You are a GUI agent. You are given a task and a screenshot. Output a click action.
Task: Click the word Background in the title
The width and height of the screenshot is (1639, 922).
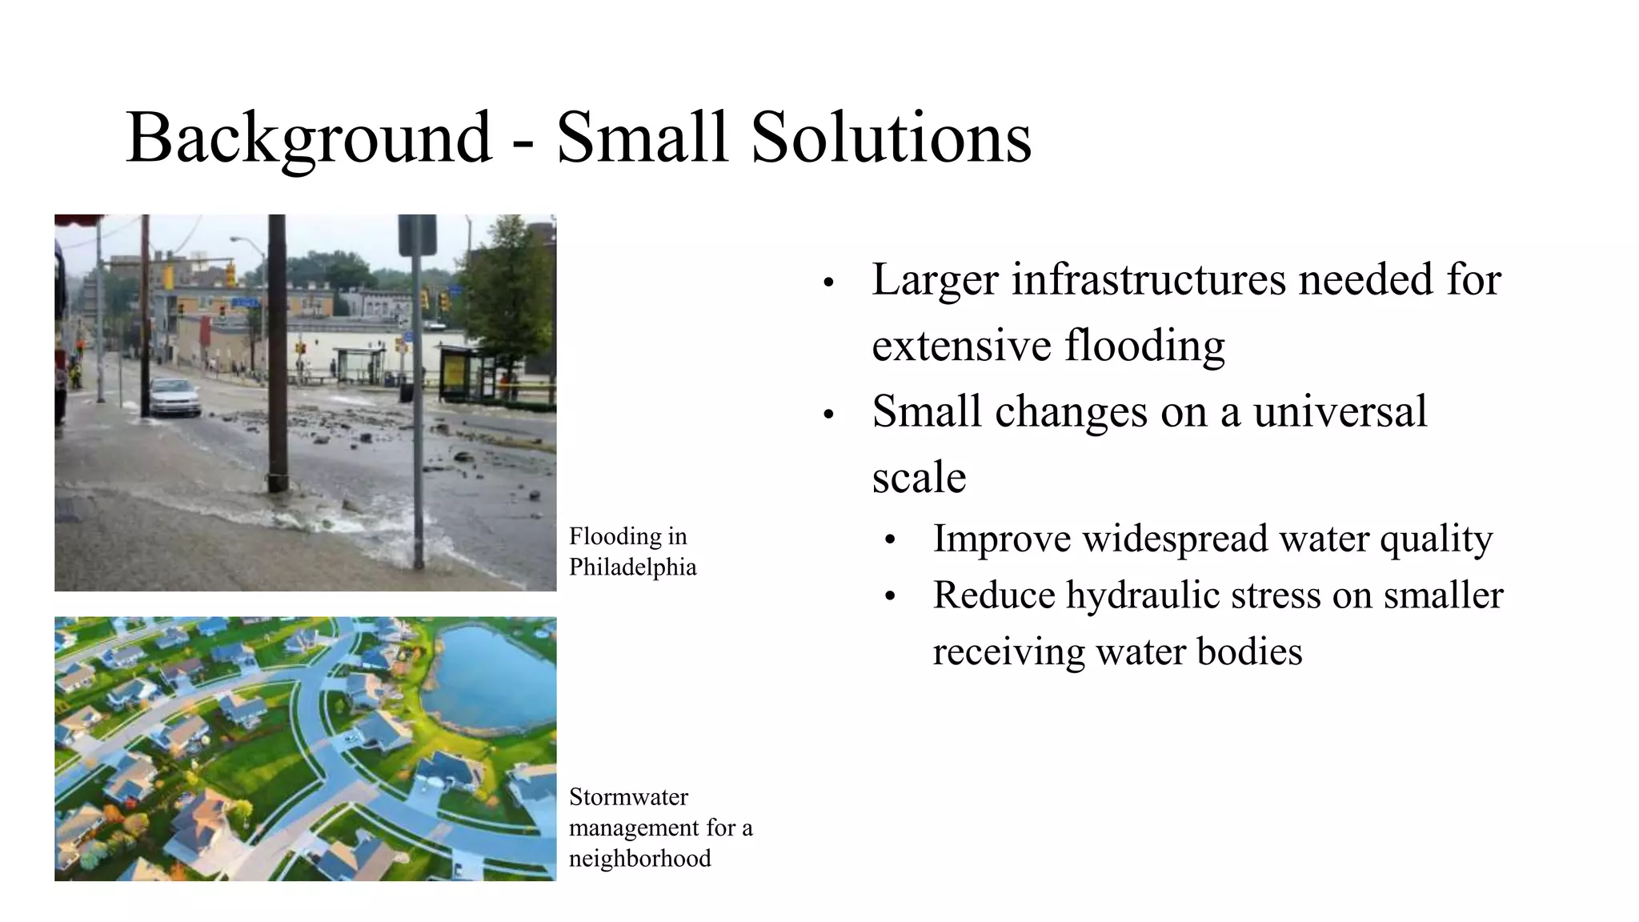coord(308,138)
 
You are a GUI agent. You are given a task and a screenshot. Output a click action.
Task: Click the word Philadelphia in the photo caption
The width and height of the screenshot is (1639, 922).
coord(632,567)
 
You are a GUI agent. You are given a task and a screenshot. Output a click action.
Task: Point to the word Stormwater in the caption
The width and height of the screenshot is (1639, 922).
coord(628,797)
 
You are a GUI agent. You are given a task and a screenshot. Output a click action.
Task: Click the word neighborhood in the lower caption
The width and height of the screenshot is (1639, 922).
coord(639,859)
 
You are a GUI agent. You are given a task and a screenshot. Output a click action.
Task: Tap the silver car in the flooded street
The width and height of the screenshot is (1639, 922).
coord(174,396)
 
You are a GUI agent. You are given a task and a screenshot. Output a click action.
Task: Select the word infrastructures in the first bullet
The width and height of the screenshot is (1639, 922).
coord(1148,279)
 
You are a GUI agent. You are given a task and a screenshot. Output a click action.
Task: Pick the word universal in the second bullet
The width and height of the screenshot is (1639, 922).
coord(1340,411)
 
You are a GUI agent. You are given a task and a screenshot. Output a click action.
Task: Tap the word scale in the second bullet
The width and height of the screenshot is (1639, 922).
coord(919,478)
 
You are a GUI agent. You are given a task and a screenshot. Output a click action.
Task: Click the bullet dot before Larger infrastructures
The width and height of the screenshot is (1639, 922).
coord(828,283)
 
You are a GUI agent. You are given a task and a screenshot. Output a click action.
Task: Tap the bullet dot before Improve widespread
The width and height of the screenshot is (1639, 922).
coord(890,540)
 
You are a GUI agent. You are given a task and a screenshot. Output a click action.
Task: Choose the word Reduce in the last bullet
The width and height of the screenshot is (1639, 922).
coord(993,595)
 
